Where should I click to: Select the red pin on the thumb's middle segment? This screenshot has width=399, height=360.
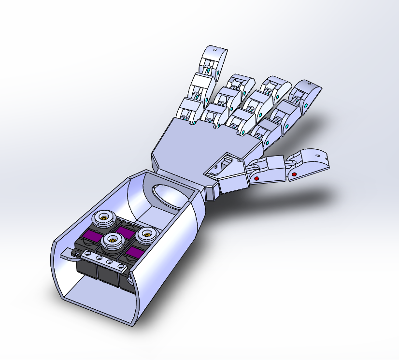tap(256, 178)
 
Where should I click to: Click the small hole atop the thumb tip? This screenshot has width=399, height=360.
tap(317, 155)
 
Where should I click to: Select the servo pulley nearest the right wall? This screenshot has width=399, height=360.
tap(145, 235)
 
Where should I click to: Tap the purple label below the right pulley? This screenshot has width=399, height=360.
tap(135, 252)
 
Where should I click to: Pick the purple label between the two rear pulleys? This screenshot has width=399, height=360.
tap(126, 233)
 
